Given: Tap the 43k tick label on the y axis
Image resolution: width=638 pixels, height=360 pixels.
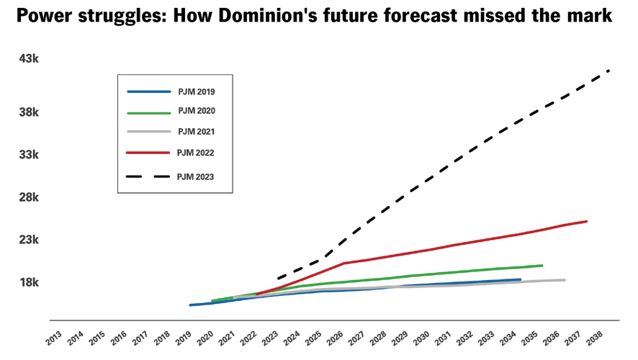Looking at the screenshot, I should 29,58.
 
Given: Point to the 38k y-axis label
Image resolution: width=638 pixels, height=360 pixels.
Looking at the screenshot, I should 29,112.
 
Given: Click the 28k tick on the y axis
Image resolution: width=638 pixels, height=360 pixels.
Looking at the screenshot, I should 29,197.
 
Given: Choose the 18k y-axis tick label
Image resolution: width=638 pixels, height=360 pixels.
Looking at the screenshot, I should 29,282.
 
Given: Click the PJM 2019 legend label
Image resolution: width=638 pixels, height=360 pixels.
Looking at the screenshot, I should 196,92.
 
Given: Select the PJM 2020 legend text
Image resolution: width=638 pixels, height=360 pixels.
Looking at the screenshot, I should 196,112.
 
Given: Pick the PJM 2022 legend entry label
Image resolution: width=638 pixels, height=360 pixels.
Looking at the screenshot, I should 196,153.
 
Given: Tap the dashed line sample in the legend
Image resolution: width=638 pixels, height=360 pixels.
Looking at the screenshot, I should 149,176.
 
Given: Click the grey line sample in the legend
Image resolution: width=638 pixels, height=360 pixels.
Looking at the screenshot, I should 149,132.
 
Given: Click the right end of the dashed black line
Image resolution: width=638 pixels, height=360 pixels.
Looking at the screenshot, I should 609,71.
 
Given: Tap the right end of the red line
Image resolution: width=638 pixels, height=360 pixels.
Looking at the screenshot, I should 587,221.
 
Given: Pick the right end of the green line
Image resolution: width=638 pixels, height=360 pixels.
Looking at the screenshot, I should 542,266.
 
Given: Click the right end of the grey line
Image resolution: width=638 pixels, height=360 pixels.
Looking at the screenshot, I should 565,280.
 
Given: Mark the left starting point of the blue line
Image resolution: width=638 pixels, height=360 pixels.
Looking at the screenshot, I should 190,305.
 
